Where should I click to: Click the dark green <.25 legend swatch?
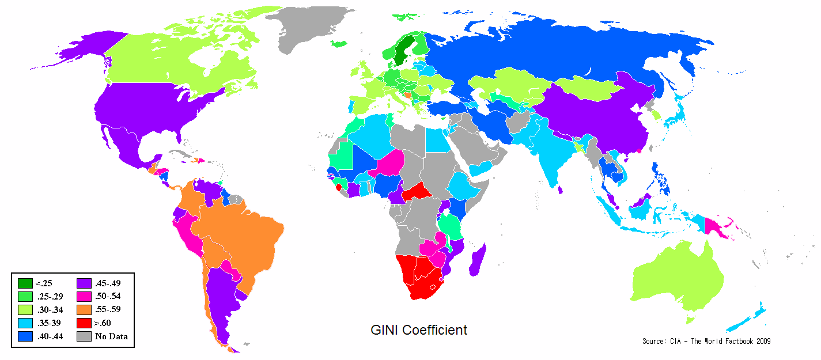pos(25,283)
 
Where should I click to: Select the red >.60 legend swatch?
pos(84,323)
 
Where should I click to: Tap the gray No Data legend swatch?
pos(84,336)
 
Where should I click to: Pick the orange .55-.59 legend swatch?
pos(84,309)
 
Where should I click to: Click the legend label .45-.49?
pos(108,283)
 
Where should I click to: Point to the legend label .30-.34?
pos(49,309)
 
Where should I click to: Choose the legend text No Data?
pos(111,336)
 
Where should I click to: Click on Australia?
pos(677,279)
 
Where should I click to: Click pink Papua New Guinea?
pos(718,227)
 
